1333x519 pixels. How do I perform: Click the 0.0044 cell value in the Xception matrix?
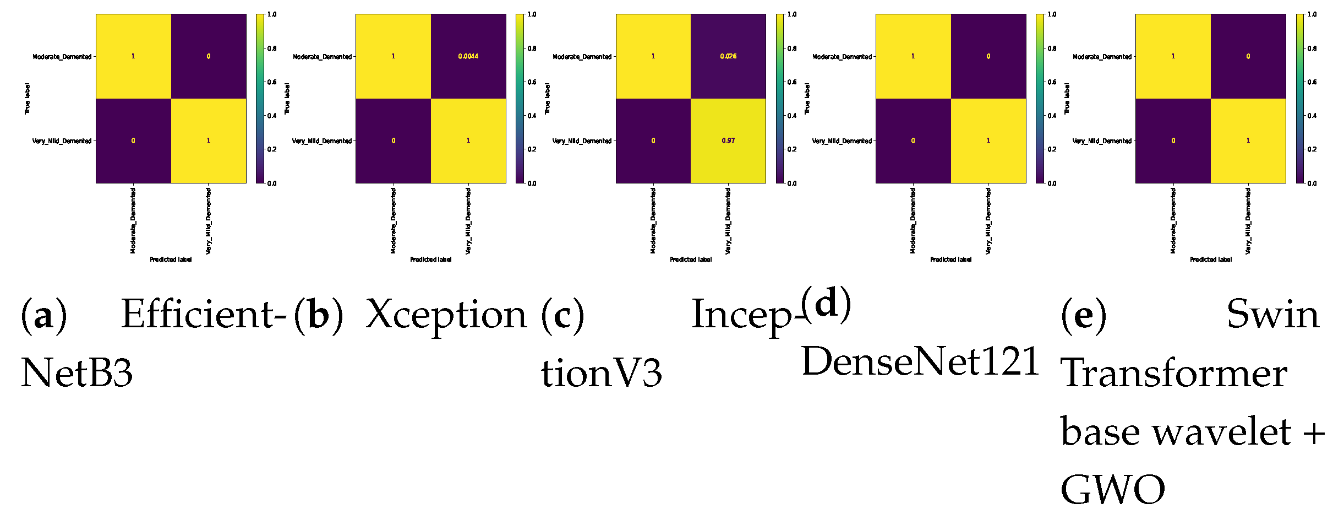468,56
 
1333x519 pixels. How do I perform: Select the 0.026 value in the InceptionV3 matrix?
728,56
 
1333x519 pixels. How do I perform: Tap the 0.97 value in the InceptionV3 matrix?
728,140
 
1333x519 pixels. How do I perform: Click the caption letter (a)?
43,315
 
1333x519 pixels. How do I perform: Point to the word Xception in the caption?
446,315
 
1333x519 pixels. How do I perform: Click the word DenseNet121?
920,362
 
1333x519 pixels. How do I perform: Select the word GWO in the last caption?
1112,489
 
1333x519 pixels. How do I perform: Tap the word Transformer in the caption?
1173,373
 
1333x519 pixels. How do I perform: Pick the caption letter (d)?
826,304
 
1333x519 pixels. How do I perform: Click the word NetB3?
77,373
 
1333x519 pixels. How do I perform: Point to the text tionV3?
601,373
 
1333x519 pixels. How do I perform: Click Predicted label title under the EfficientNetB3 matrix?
171,259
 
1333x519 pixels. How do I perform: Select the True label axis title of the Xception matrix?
287,99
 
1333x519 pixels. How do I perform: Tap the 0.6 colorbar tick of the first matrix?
272,82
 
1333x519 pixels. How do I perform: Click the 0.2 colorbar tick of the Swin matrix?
1312,149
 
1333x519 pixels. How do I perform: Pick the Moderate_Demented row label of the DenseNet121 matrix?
842,57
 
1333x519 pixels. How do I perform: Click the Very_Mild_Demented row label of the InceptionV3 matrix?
582,141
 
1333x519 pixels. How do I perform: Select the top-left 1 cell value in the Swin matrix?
1173,56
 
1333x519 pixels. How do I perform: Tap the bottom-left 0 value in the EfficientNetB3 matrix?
133,140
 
